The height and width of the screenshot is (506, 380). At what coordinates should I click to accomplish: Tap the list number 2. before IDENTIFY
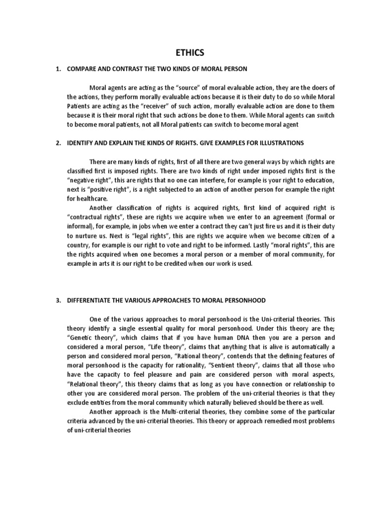pos(58,143)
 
